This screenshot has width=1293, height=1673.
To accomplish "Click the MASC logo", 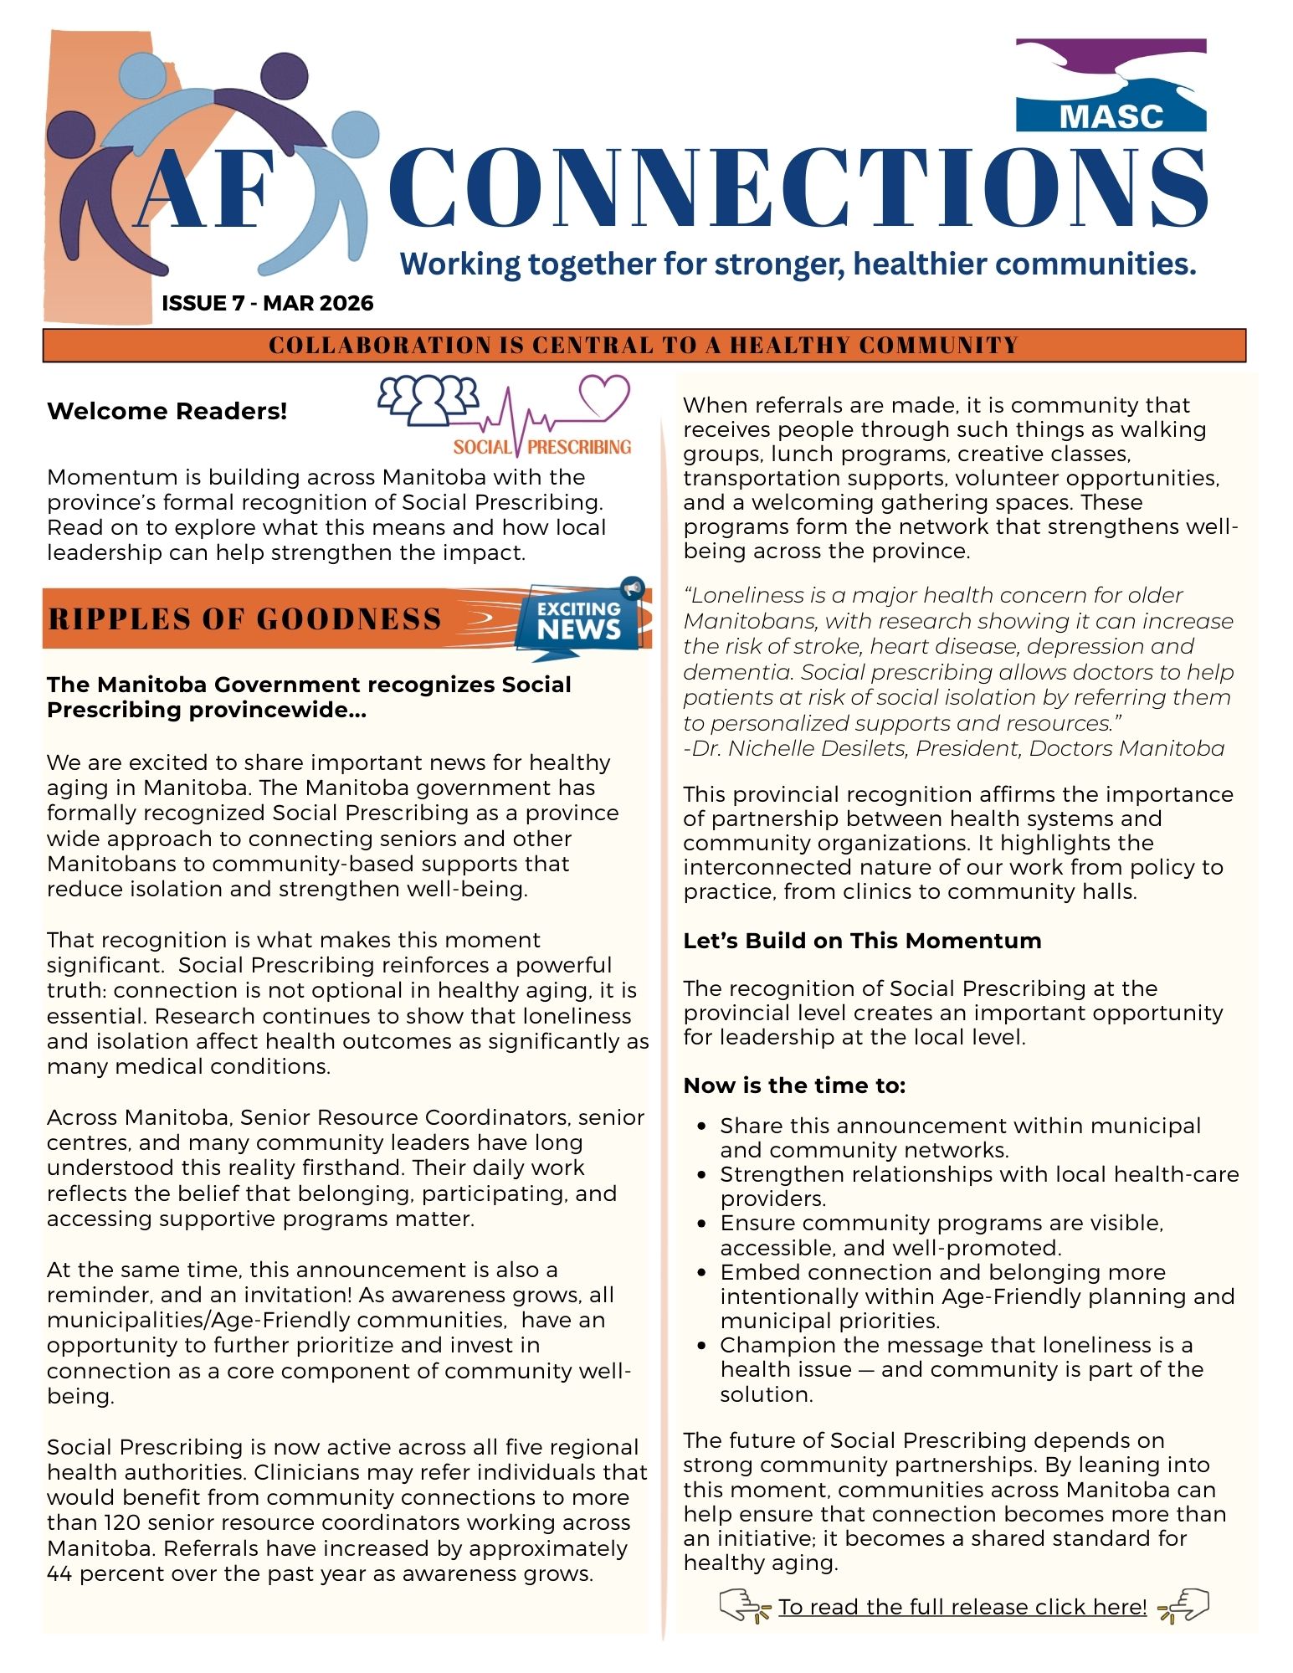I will [x=1111, y=85].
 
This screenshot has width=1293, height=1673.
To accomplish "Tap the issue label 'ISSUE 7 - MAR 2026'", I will [x=268, y=303].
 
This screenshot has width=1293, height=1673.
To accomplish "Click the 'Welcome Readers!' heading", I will [x=167, y=411].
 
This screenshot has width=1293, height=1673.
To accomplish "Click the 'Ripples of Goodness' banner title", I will [x=244, y=619].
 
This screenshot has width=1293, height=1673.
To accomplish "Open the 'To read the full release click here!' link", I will [x=962, y=1607].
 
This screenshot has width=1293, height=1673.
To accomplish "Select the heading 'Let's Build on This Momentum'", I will [x=862, y=941].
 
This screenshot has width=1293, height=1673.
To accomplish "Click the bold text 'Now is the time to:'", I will [x=794, y=1085].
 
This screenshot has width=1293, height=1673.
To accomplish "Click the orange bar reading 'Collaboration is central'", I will [x=644, y=345].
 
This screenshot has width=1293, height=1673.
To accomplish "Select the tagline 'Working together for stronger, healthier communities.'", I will [x=798, y=264].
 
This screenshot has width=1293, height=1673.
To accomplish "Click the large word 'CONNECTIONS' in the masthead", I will [x=798, y=188].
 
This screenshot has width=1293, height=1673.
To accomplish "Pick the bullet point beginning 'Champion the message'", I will [x=961, y=1369].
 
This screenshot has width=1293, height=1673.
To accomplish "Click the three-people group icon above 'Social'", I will [x=428, y=398].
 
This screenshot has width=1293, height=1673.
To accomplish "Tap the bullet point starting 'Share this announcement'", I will [x=960, y=1137].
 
